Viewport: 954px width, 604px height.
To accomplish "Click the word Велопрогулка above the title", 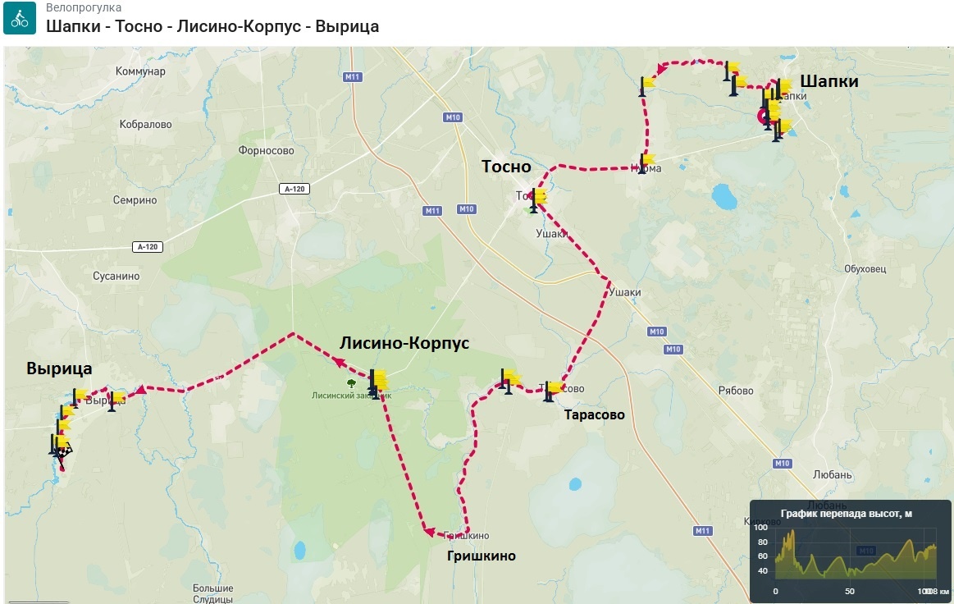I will pos(84,8).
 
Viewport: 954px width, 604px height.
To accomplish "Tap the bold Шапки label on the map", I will pos(829,81).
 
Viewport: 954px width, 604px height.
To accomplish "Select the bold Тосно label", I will pos(506,167).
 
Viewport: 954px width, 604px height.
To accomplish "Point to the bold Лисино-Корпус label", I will pos(404,343).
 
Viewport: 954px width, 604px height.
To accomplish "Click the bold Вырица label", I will pos(59,368).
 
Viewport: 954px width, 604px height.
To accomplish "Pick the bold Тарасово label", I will pos(594,415).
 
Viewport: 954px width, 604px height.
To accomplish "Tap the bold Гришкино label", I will pos(481,556).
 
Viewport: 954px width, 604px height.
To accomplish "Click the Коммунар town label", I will pos(140,71).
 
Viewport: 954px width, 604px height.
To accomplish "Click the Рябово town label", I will pos(735,391).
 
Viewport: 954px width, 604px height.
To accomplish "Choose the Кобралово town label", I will pos(144,125).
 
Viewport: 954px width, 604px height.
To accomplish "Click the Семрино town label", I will pos(135,200).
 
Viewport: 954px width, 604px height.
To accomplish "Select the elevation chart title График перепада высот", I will pos(846,515).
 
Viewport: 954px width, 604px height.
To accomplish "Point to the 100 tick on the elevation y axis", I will pos(760,528).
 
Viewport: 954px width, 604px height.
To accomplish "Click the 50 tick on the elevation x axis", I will pos(850,591).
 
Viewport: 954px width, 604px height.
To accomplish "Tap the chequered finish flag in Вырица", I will pos(62,450).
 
